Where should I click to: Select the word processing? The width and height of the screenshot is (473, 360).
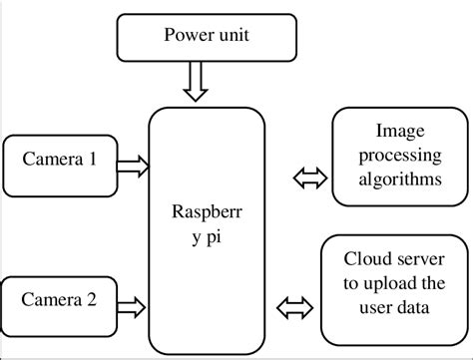(396, 156)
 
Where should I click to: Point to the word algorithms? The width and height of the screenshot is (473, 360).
(396, 180)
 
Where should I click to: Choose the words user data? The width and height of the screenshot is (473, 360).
(396, 308)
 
